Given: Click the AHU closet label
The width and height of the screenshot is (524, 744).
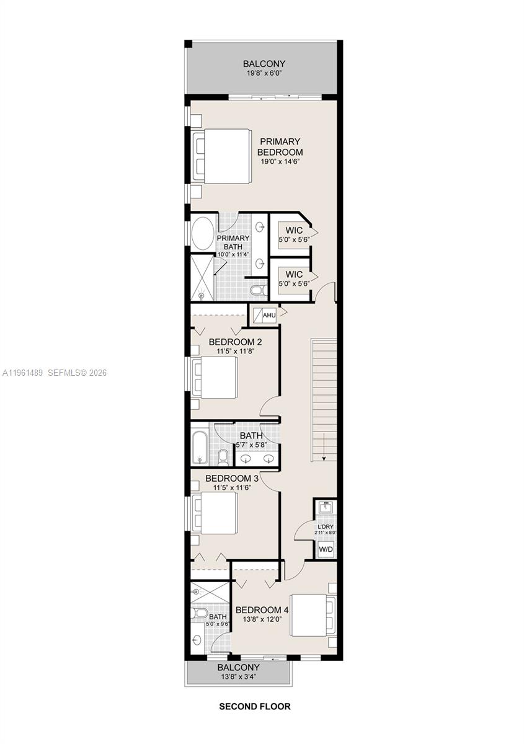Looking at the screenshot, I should tap(269, 316).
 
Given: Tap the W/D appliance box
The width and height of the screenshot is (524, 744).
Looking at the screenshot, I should tap(325, 549).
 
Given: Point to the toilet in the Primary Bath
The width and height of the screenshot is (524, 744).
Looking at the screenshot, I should tap(257, 290).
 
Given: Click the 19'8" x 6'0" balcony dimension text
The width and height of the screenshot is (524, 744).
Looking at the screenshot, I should tap(264, 74).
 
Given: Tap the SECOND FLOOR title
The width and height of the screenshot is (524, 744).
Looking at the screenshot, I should tap(254, 706).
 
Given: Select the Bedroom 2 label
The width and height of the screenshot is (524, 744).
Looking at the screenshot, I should tap(235, 342).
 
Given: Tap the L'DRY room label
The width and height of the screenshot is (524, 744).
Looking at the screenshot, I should tap(325, 526).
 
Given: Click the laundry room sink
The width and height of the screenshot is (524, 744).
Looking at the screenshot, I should tap(325, 507).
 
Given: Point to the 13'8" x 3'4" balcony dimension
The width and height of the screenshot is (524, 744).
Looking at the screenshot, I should tap(238, 676).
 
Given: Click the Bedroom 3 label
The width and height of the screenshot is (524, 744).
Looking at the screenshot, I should tap(232, 478).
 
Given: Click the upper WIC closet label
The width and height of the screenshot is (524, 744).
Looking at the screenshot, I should tap(294, 230).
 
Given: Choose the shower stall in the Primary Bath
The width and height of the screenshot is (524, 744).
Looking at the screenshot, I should tap(202, 277).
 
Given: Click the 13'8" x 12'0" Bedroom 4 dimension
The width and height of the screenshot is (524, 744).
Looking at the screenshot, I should tap(262, 619).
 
